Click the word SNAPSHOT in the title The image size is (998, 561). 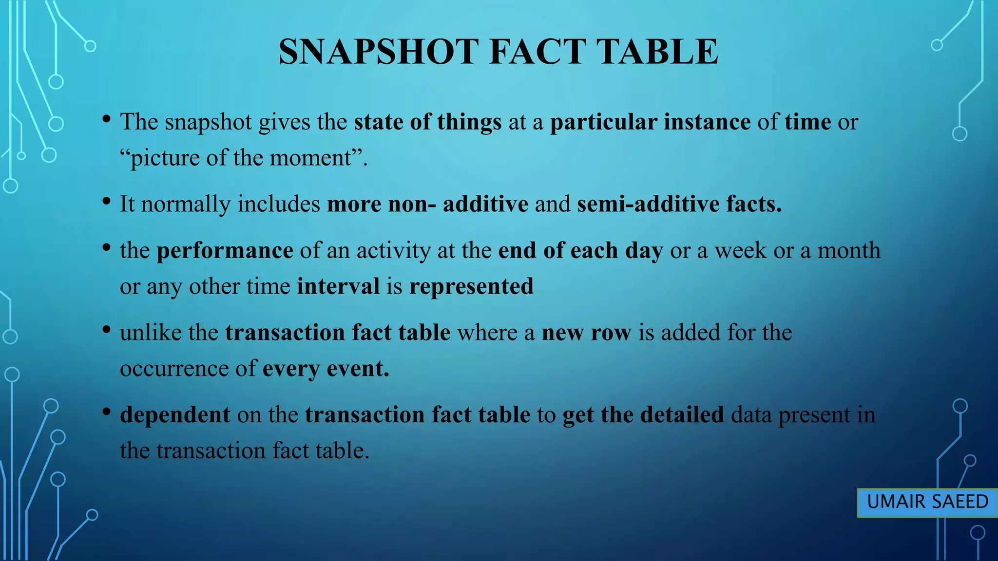coord(379,52)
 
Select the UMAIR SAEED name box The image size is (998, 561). coord(927,502)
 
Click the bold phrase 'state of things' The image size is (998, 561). coord(427,122)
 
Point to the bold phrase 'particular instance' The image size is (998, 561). coord(650,122)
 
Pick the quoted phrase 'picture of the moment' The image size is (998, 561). coord(242,158)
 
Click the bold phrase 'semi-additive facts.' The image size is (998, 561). coord(679,204)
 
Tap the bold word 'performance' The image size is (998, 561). coord(225,250)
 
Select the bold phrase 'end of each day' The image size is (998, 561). coord(580,250)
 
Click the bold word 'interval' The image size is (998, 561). coord(338,286)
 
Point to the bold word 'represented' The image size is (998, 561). coord(471,286)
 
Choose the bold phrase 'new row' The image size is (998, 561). coord(586,333)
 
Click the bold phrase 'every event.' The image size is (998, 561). coord(326,369)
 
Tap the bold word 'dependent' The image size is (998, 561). coord(175,415)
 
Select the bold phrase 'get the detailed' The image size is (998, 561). coord(643,415)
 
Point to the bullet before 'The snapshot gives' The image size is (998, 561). coord(106,119)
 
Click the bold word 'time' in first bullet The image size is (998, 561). coord(807,122)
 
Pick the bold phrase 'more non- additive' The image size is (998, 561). coord(427,204)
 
